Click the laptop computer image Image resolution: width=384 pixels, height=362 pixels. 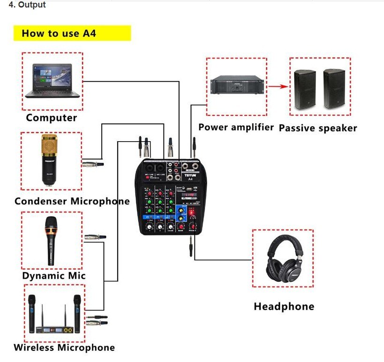point(52,81)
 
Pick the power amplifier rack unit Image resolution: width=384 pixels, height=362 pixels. point(236,86)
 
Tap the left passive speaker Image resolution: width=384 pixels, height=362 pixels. point(305,89)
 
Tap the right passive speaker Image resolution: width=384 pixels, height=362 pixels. point(334,89)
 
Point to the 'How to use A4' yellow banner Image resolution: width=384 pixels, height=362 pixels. point(75,34)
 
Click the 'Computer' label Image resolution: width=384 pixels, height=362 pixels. point(51,118)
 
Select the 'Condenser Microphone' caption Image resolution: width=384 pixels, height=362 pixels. point(72,202)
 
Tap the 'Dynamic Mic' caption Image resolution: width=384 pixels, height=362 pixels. point(54,276)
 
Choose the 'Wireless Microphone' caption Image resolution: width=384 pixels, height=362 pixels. point(64,348)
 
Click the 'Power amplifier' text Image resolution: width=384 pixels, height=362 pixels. point(236,127)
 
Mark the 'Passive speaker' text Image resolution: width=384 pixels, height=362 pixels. point(318,128)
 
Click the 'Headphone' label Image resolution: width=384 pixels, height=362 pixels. point(284,307)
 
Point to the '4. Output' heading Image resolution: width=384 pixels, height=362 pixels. point(28,5)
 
